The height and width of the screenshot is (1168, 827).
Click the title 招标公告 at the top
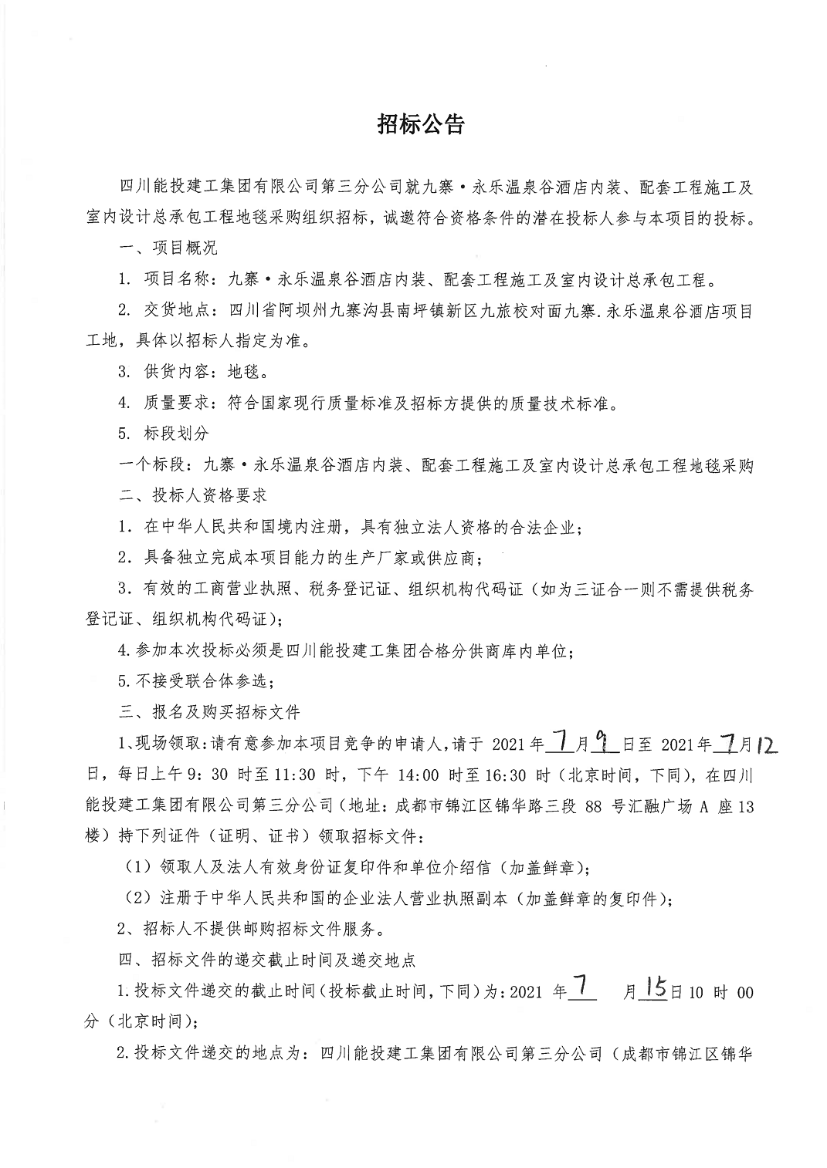click(x=420, y=125)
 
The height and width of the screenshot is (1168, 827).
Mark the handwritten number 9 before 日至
click(x=606, y=743)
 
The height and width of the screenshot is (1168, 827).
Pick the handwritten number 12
click(x=766, y=744)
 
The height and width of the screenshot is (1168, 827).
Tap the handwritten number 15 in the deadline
click(x=653, y=990)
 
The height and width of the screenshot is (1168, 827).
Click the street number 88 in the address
click(x=593, y=807)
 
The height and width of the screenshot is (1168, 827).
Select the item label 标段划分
click(x=176, y=434)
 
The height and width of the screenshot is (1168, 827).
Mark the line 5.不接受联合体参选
click(x=196, y=680)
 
